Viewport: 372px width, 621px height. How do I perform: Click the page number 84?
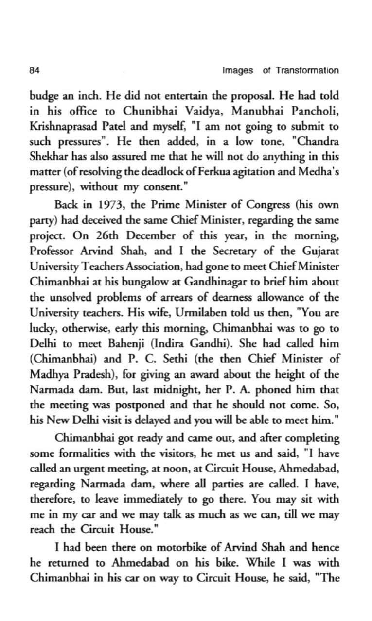pyautogui.click(x=34, y=70)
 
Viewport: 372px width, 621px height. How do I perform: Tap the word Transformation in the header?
pyautogui.click(x=307, y=70)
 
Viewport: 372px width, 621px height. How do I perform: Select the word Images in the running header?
pyautogui.click(x=238, y=70)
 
